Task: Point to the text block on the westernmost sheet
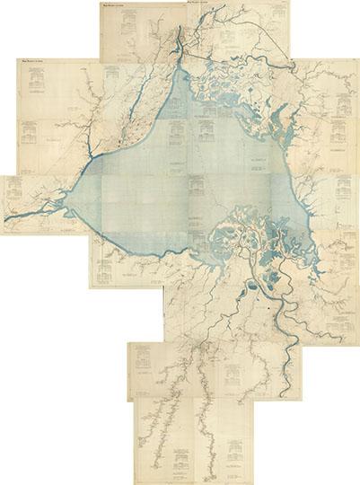point(15,190)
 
